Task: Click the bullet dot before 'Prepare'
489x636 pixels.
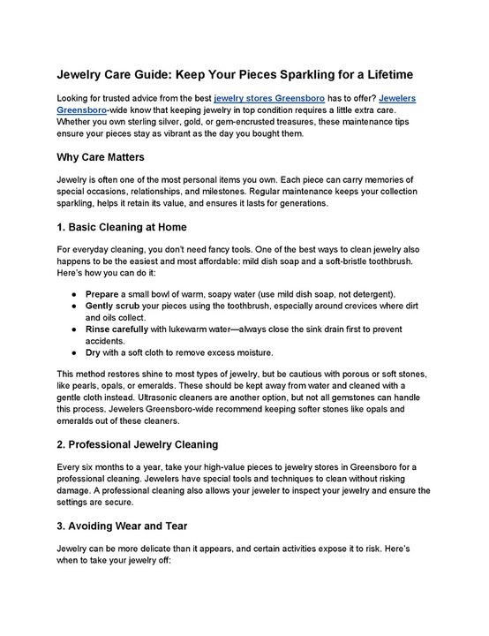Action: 71,292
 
